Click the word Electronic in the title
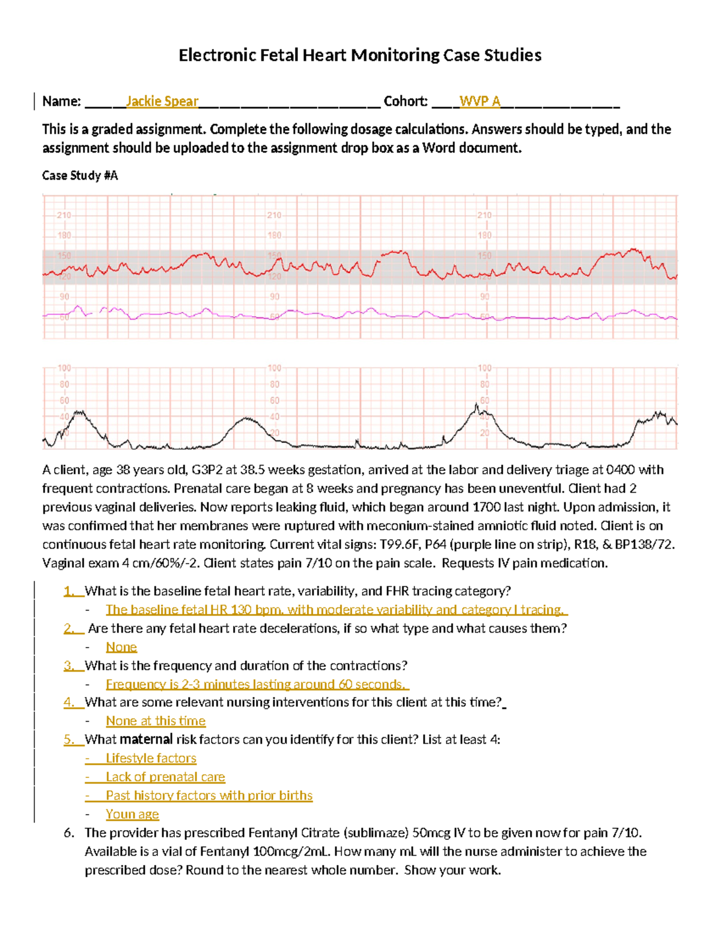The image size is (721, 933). click(218, 55)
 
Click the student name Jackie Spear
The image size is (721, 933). click(162, 101)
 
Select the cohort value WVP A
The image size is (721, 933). click(479, 101)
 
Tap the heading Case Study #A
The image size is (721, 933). click(80, 175)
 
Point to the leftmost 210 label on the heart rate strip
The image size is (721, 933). click(64, 215)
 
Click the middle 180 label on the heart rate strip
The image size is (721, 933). click(274, 236)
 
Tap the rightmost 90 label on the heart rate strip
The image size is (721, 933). click(484, 297)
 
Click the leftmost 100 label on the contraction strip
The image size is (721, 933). click(64, 368)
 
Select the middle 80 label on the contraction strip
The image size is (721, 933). click(274, 384)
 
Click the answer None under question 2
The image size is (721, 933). click(121, 647)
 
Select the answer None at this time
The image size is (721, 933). click(156, 721)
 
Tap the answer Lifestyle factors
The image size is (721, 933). click(151, 758)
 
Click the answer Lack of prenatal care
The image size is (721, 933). click(165, 777)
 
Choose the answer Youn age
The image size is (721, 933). click(132, 814)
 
